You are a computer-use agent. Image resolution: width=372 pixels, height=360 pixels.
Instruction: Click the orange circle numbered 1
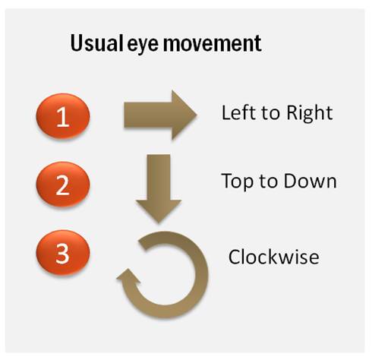point(63,116)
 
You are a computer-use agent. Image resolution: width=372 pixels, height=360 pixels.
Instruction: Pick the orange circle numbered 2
point(63,184)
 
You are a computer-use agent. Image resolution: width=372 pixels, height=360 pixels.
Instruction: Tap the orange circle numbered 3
point(63,252)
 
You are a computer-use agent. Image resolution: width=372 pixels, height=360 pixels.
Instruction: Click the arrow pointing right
point(160,115)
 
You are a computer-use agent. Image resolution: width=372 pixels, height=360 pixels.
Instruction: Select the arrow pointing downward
point(159,188)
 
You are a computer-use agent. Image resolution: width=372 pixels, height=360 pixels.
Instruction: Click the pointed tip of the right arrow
point(197,115)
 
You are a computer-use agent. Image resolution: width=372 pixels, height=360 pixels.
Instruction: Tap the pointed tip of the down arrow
point(159,223)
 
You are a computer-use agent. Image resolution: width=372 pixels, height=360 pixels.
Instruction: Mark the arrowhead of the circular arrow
point(128,276)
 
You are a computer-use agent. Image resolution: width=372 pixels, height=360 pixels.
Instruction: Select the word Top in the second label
point(237,182)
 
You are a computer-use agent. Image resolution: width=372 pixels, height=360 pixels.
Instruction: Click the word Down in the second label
point(310,181)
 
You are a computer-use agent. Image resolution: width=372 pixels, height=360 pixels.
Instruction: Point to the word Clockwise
point(273,257)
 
